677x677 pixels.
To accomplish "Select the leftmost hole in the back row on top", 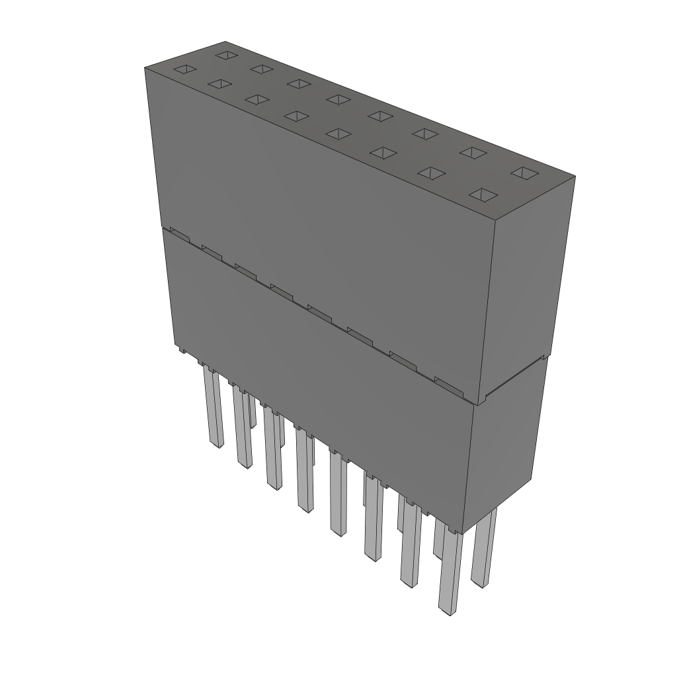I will point(226,54).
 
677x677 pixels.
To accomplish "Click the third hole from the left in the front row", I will point(257,99).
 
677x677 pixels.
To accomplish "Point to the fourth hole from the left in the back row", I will point(338,99).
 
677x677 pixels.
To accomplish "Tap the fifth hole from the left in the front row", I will point(338,134).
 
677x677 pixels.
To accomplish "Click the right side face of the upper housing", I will point(529,284).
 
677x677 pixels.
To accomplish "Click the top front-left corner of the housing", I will point(145,67).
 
